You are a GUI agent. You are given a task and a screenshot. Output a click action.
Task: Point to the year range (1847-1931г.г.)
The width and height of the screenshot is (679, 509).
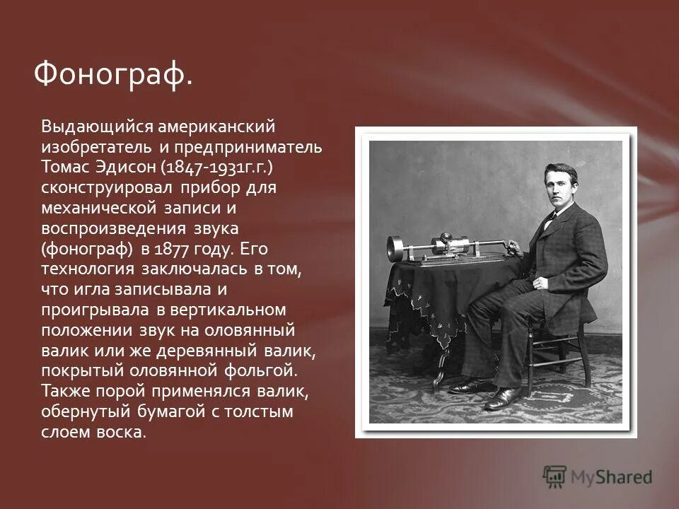pyautogui.click(x=216, y=168)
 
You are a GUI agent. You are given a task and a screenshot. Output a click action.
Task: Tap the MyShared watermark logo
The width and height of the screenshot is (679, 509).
pyautogui.click(x=598, y=477)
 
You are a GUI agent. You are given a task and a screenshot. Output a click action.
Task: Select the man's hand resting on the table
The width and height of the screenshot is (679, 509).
pyautogui.click(x=516, y=250)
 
